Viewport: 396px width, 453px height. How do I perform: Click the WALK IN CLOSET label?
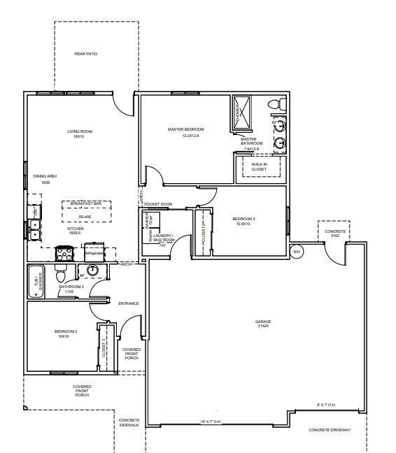259,166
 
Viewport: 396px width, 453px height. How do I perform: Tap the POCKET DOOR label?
158,204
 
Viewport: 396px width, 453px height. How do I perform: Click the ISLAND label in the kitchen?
85,217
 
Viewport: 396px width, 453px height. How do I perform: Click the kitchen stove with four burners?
64,253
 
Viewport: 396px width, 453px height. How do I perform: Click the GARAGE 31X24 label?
263,324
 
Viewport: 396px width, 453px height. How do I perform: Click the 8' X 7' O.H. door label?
327,404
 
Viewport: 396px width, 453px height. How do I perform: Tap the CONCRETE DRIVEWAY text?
330,430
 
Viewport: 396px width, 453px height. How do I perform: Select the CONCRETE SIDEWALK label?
129,422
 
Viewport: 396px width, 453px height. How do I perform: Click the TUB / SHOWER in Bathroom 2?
36,282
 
